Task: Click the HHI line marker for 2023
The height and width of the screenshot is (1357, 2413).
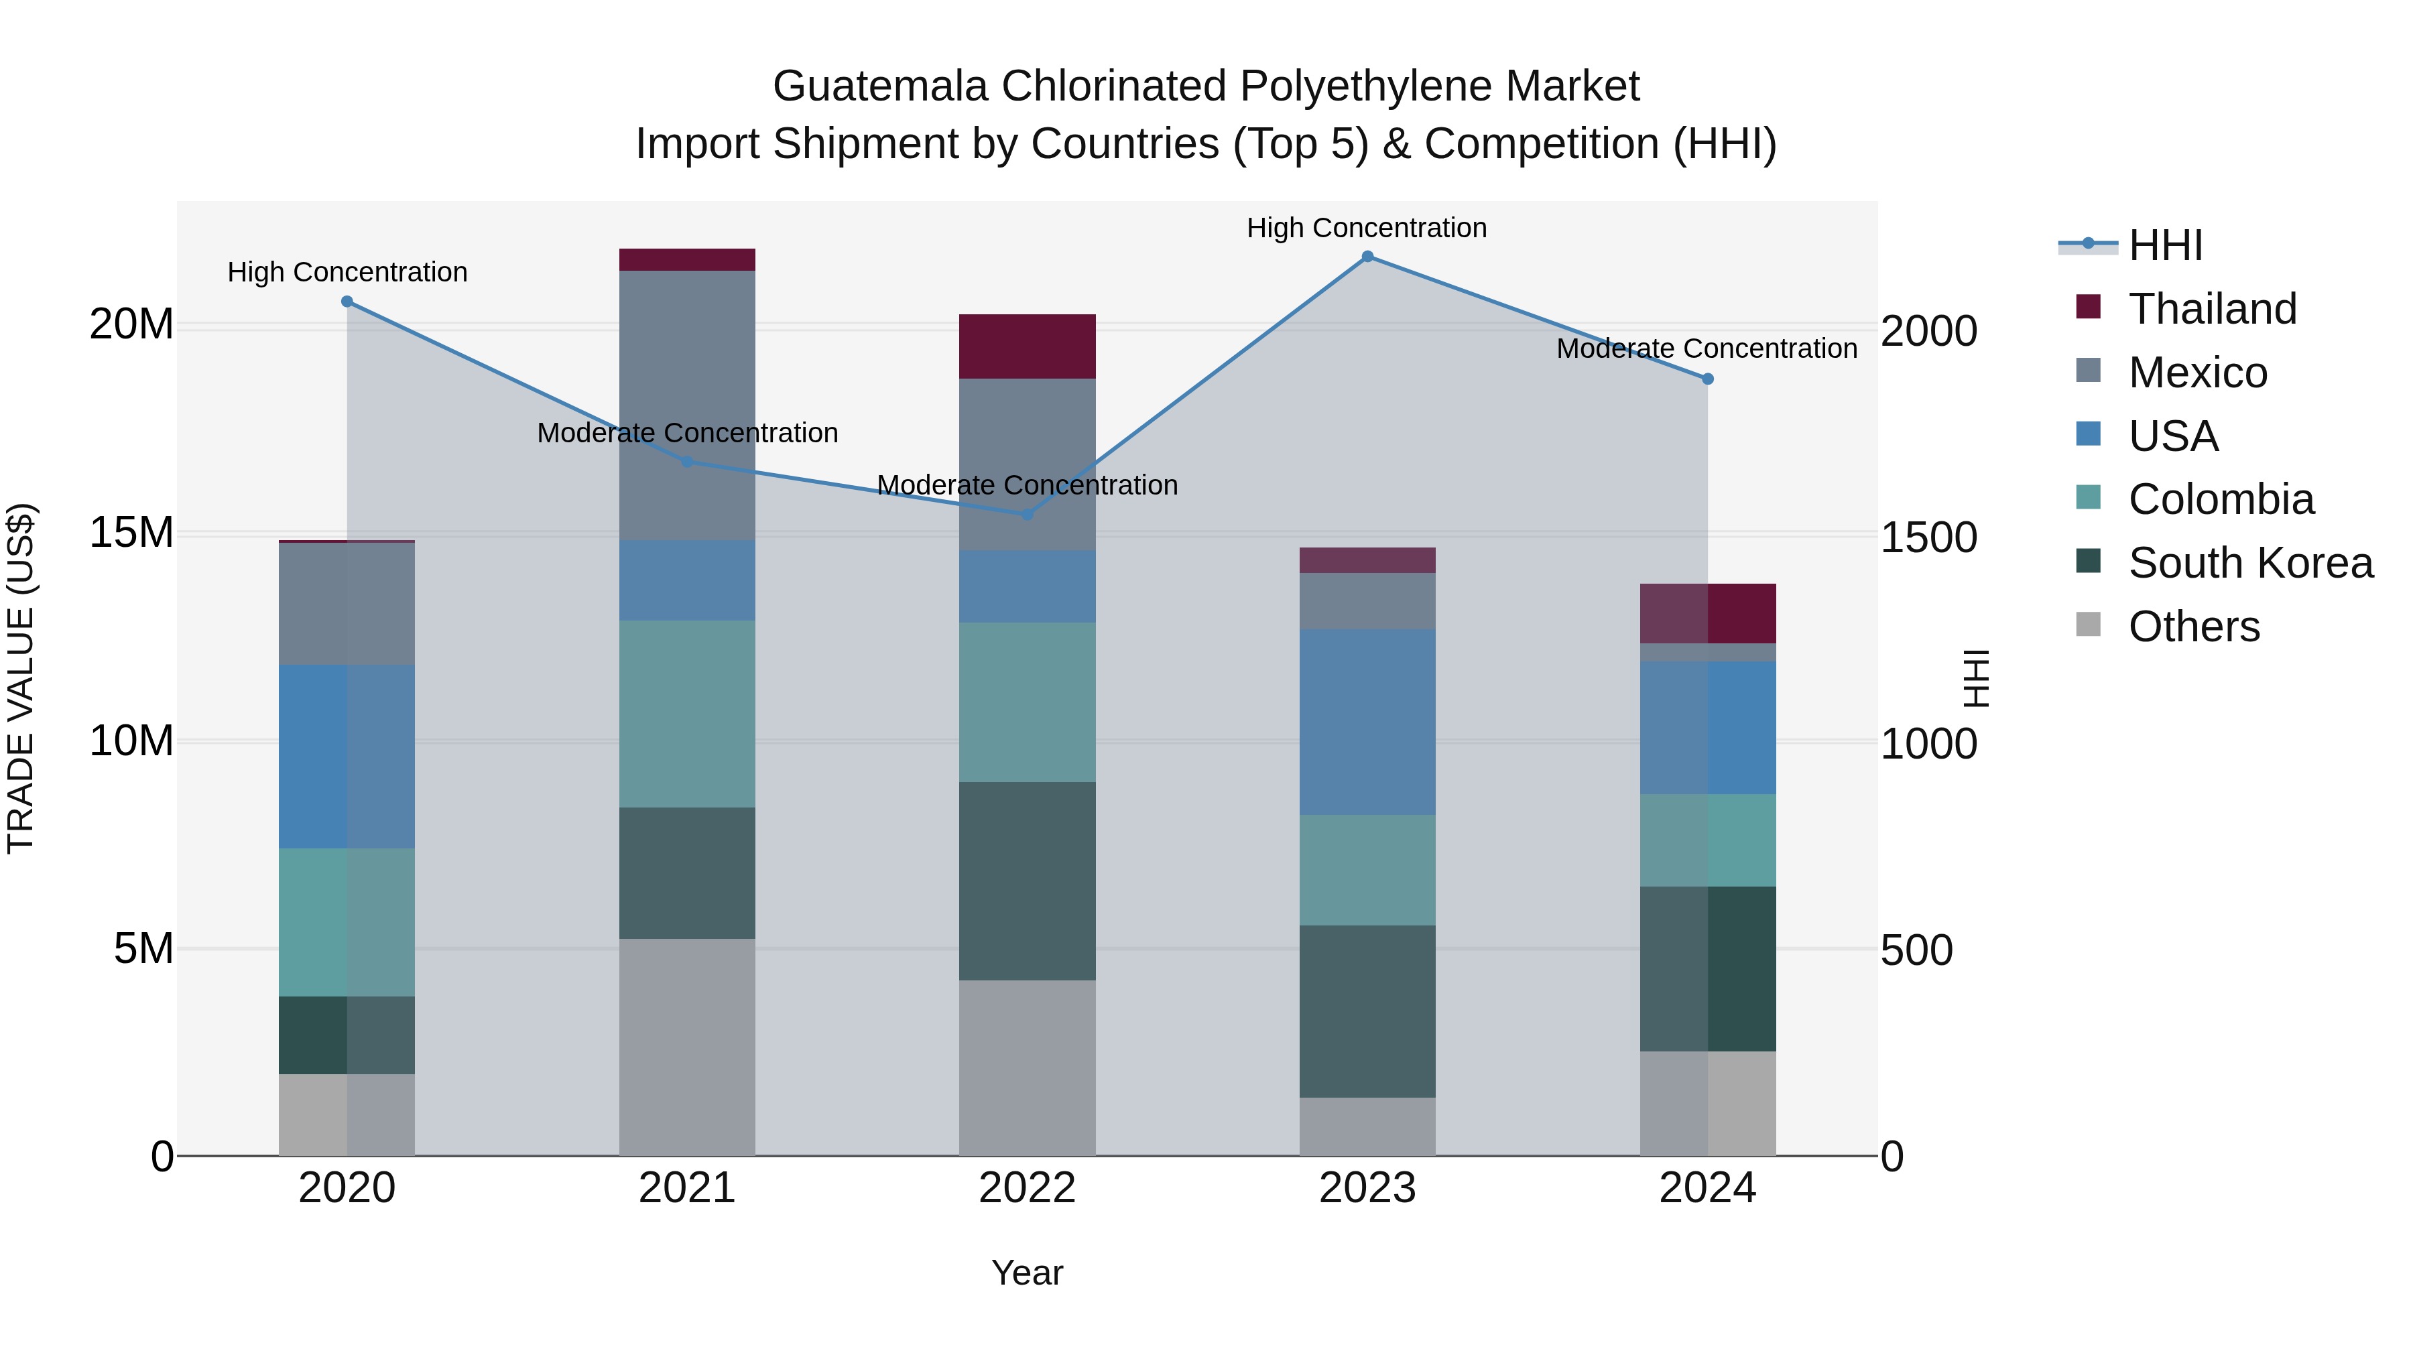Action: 1367,257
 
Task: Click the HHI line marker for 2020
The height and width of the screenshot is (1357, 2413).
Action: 347,302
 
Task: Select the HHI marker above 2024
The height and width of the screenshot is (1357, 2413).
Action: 1708,379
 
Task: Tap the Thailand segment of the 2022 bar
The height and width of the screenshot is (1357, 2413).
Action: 1027,346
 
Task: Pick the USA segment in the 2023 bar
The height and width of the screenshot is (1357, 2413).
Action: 1367,722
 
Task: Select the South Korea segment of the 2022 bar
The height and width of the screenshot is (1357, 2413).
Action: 1027,881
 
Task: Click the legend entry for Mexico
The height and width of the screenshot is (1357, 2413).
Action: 2197,373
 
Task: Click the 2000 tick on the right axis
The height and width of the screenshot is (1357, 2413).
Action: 1928,332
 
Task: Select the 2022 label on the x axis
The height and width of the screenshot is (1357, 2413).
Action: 1027,1188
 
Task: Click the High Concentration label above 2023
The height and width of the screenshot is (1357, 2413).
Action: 1367,228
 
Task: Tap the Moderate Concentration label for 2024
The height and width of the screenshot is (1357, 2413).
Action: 1707,348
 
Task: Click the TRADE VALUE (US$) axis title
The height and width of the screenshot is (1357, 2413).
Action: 21,678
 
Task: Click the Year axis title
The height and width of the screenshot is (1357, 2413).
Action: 1027,1273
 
